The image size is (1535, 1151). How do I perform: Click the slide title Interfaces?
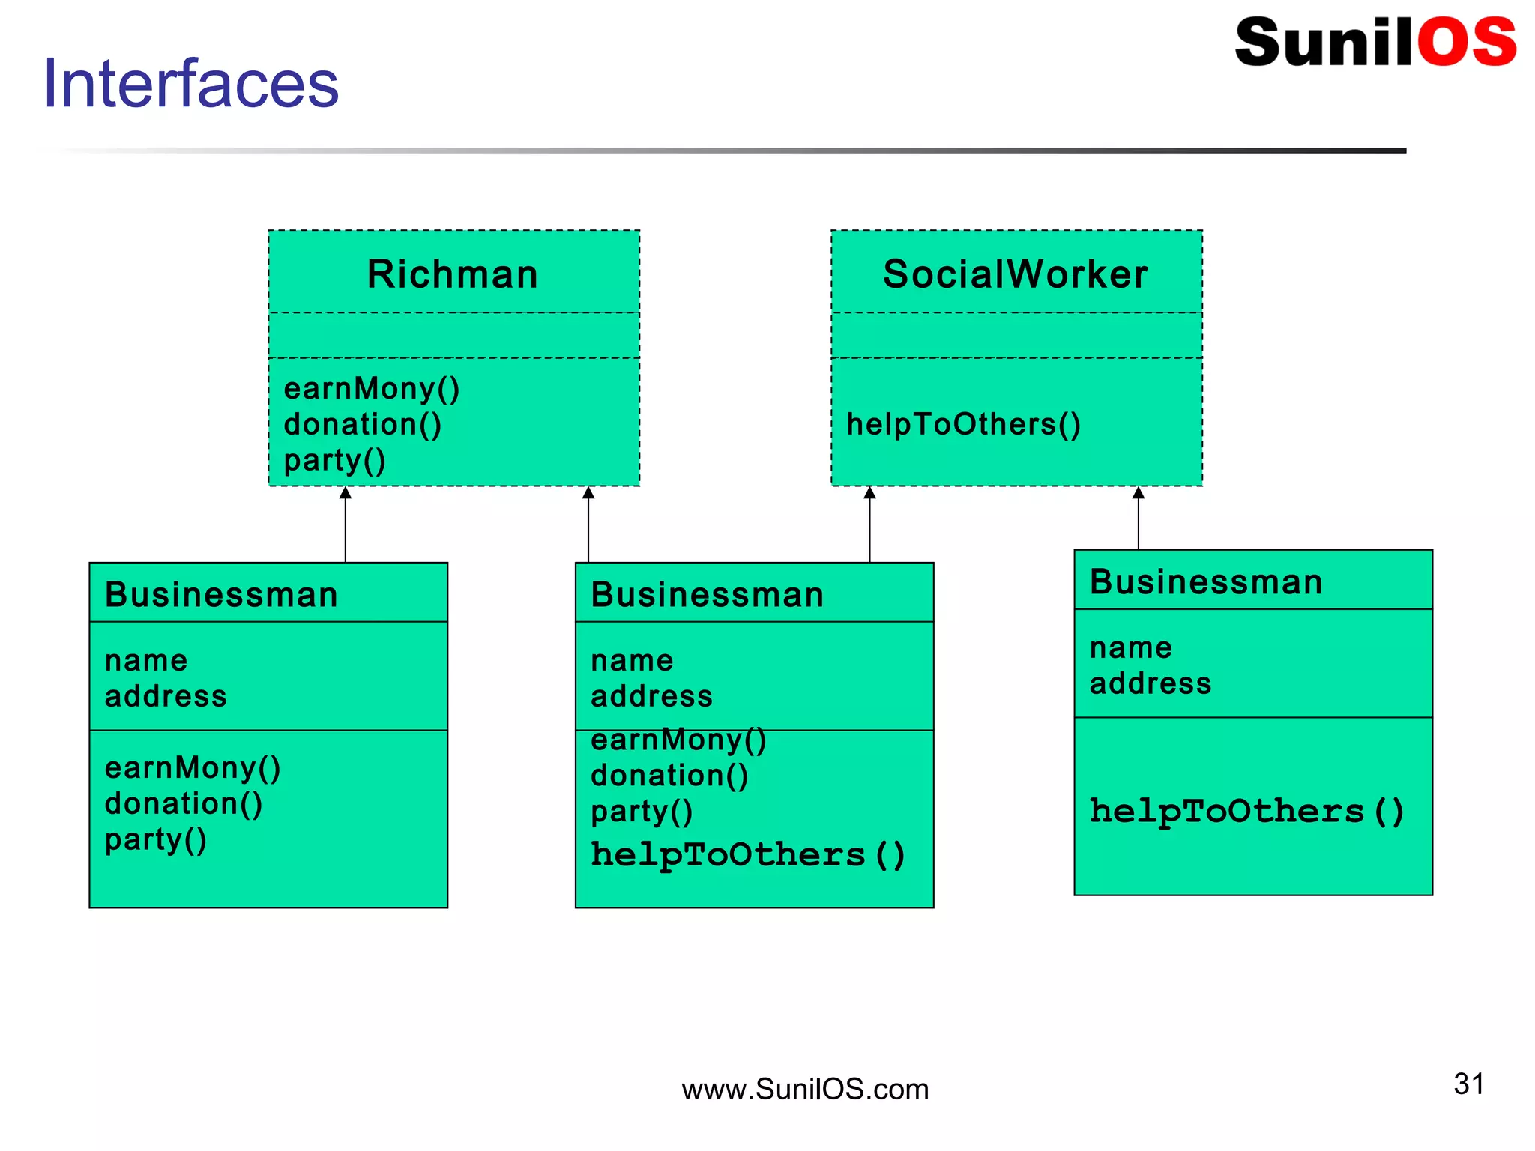(191, 83)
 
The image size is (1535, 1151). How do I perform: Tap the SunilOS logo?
(1375, 43)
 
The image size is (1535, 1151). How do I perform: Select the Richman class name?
(453, 274)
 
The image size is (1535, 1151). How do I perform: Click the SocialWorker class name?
(1016, 274)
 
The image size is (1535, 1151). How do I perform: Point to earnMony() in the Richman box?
(371, 389)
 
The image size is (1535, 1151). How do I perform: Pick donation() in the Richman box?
(363, 425)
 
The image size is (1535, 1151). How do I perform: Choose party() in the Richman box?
(334, 460)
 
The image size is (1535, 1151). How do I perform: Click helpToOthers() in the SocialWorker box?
(963, 425)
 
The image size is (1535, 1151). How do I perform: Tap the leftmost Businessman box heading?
(221, 595)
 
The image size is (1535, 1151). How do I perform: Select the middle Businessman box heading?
(707, 595)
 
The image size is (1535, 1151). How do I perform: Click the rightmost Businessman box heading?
(1206, 582)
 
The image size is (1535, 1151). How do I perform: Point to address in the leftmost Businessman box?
(166, 697)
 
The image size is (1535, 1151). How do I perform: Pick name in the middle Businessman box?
(632, 661)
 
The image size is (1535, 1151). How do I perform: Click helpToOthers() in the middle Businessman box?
(747, 855)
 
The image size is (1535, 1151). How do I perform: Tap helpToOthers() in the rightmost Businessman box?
(1246, 812)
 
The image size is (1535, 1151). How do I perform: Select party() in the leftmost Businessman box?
(155, 840)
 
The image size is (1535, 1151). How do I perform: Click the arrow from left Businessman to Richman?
(346, 525)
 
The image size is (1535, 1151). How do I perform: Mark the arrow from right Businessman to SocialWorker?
(1138, 519)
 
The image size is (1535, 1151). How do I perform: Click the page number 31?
(1468, 1084)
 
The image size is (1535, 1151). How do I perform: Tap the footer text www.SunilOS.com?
(804, 1090)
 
